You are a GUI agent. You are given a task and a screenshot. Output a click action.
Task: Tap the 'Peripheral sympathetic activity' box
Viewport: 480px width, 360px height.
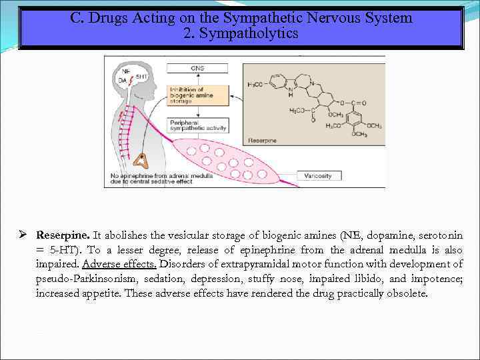coord(199,125)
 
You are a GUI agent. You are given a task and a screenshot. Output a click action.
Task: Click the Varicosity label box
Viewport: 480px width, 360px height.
coord(318,176)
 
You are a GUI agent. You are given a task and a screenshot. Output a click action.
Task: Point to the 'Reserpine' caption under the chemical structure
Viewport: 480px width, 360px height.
coord(262,141)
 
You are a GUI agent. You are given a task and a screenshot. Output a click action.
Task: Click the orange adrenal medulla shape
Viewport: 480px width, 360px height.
coord(141,160)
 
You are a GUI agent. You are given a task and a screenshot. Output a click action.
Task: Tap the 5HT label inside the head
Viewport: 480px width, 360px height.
coord(142,77)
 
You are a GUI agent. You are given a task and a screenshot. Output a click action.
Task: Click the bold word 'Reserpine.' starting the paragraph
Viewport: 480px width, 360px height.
coord(63,235)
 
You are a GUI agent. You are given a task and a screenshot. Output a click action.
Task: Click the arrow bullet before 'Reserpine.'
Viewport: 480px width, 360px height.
coord(23,235)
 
